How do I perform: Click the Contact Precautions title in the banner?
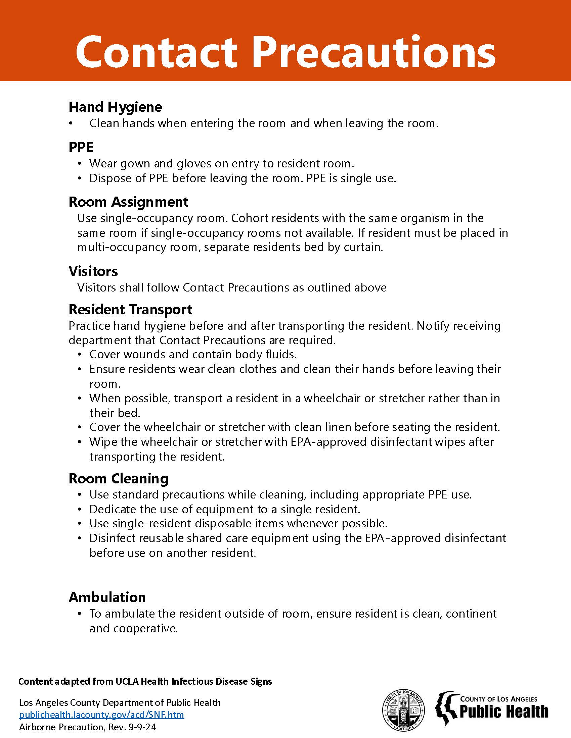coord(285,52)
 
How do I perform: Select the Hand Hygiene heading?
coord(115,107)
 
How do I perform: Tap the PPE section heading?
coord(81,147)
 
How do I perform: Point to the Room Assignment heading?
coord(128,202)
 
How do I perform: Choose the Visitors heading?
coord(93,271)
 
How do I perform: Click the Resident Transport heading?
coord(130,310)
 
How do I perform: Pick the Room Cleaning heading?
coord(118,479)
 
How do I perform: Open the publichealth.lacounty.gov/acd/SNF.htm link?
coord(101,715)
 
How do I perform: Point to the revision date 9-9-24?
coord(142,727)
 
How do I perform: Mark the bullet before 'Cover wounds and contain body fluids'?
coord(80,355)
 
